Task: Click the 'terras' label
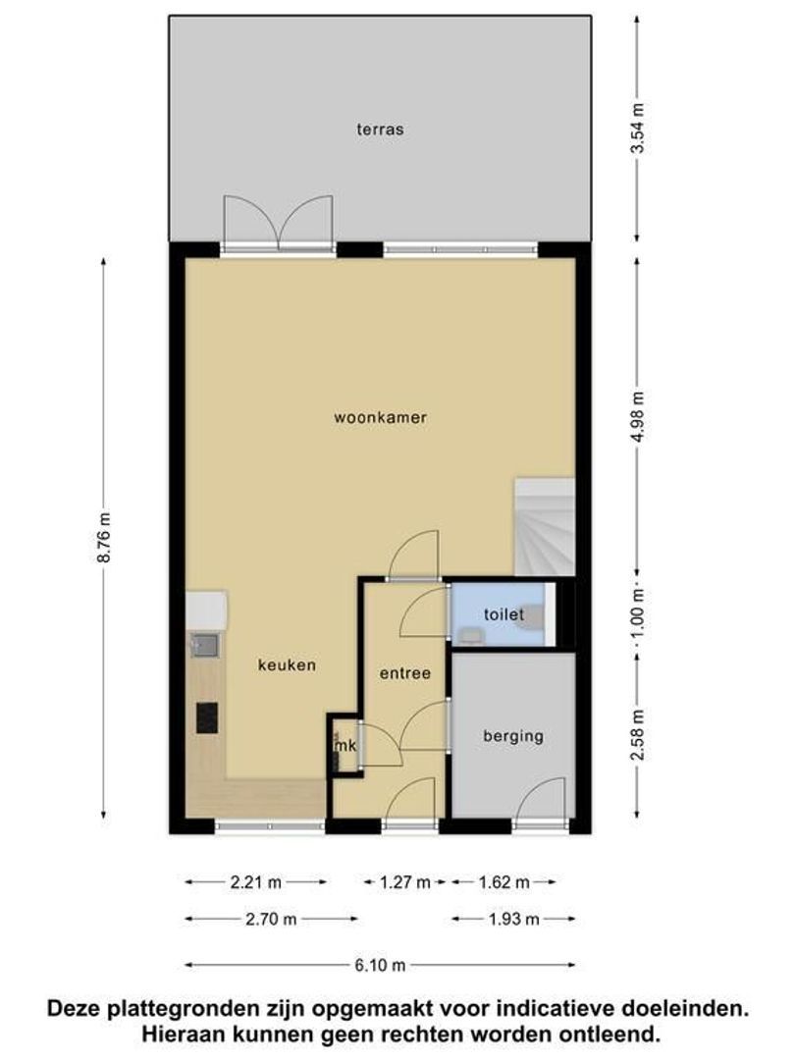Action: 381,129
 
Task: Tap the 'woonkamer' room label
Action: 380,417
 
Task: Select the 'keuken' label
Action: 287,665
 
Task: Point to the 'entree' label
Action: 405,673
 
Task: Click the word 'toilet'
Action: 503,615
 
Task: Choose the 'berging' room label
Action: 512,736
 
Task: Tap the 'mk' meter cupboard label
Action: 344,748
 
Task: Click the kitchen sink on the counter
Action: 205,645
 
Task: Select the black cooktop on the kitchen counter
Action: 207,716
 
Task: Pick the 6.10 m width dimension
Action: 381,965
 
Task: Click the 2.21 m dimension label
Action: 256,882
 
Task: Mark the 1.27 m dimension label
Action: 405,882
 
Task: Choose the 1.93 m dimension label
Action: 513,920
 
